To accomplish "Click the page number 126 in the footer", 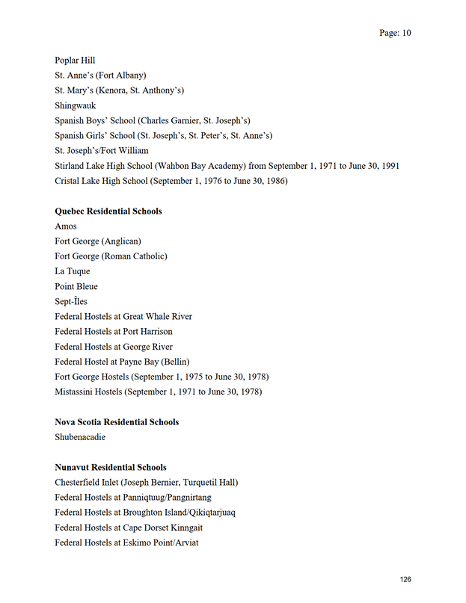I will pos(405,580).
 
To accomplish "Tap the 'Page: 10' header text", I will pos(395,33).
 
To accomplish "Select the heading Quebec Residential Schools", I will pos(108,211).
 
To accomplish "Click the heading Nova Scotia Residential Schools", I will pos(117,422).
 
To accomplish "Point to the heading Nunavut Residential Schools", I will pos(110,468).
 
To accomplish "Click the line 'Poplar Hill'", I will pos(75,61).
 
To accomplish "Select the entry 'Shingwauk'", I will pos(75,106).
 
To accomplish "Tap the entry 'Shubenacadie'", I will pos(80,437).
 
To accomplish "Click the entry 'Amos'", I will pos(66,226).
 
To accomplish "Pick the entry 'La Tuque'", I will pos(72,271).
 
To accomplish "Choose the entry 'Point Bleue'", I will pos(76,287).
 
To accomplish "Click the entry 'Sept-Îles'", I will pos(71,302).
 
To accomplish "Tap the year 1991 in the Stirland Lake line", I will pos(389,166).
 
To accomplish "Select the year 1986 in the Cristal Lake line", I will pos(275,181).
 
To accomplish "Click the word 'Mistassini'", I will pos(76,392).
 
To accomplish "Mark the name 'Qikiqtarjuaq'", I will pos(209,513).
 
